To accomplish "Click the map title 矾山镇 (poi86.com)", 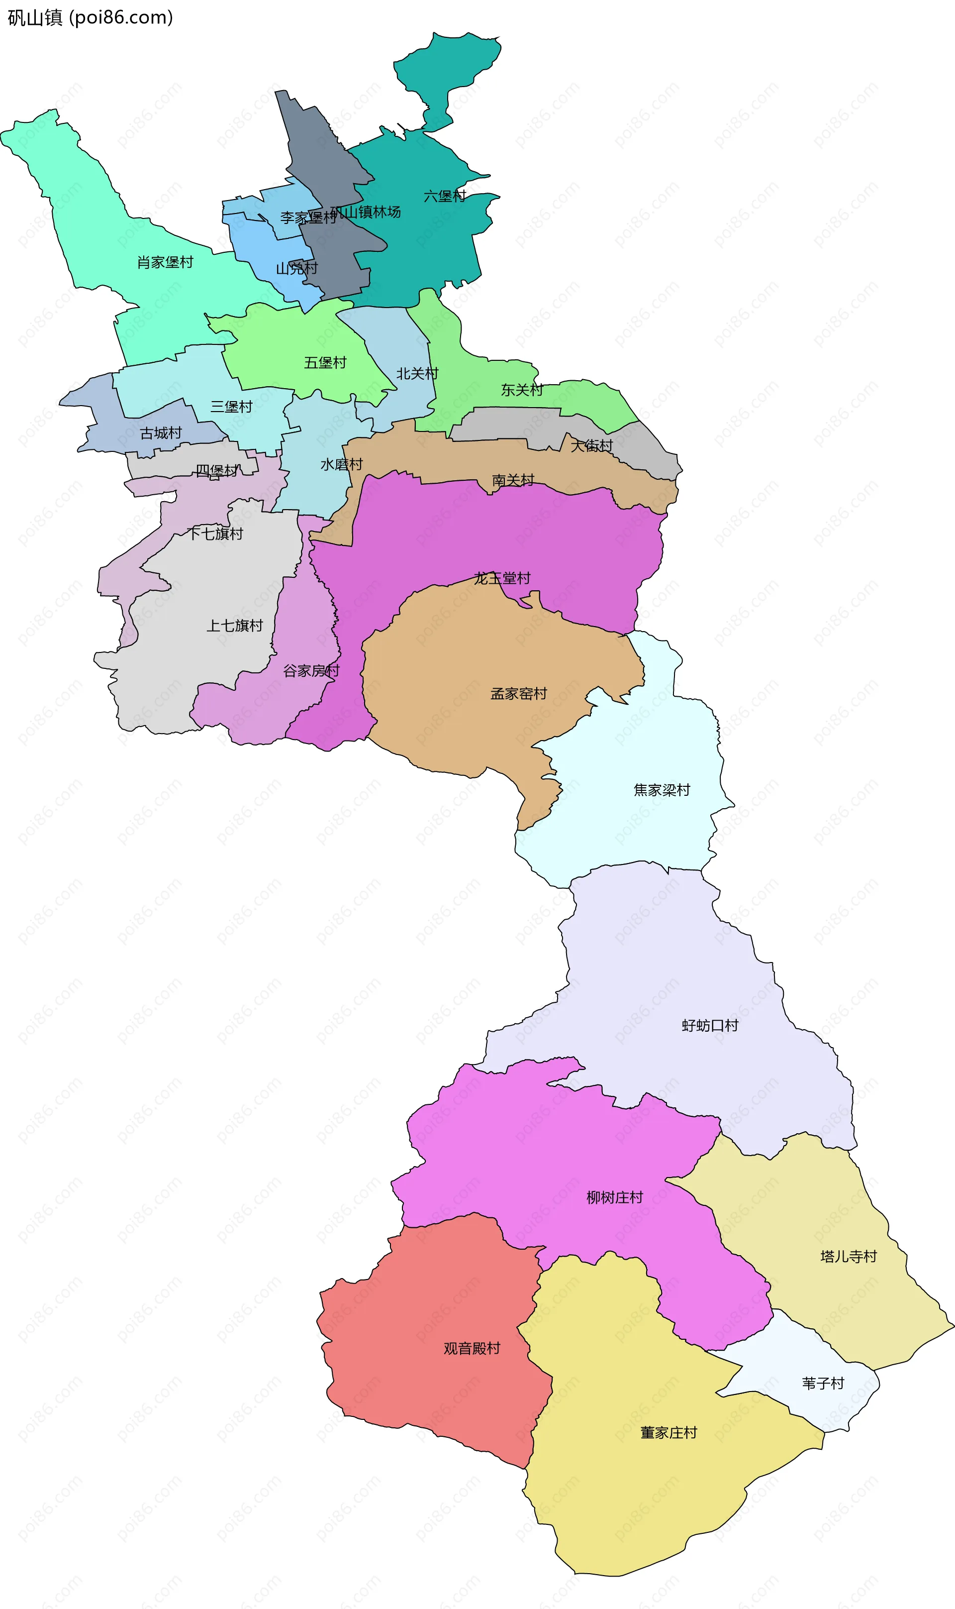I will pyautogui.click(x=90, y=17).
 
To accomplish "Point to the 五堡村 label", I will pyautogui.click(x=325, y=362).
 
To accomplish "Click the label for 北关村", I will pyautogui.click(x=417, y=373).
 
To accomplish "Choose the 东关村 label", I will pyautogui.click(x=522, y=390).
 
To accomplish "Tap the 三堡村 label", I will pyautogui.click(x=231, y=406).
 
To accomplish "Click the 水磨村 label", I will pyautogui.click(x=342, y=464).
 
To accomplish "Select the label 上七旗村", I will pyautogui.click(x=234, y=625).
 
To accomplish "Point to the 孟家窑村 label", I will pyautogui.click(x=519, y=693).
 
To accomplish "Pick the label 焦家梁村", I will pyautogui.click(x=662, y=789).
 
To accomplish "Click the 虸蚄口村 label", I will pyautogui.click(x=710, y=1025).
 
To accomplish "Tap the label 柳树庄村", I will pyautogui.click(x=615, y=1197).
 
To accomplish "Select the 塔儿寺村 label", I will pyautogui.click(x=848, y=1256).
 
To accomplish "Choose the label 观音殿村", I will pyautogui.click(x=472, y=1348).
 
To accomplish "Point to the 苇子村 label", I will pyautogui.click(x=822, y=1383).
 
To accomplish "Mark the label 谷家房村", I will pyautogui.click(x=311, y=670).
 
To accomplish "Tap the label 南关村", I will pyautogui.click(x=513, y=480).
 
